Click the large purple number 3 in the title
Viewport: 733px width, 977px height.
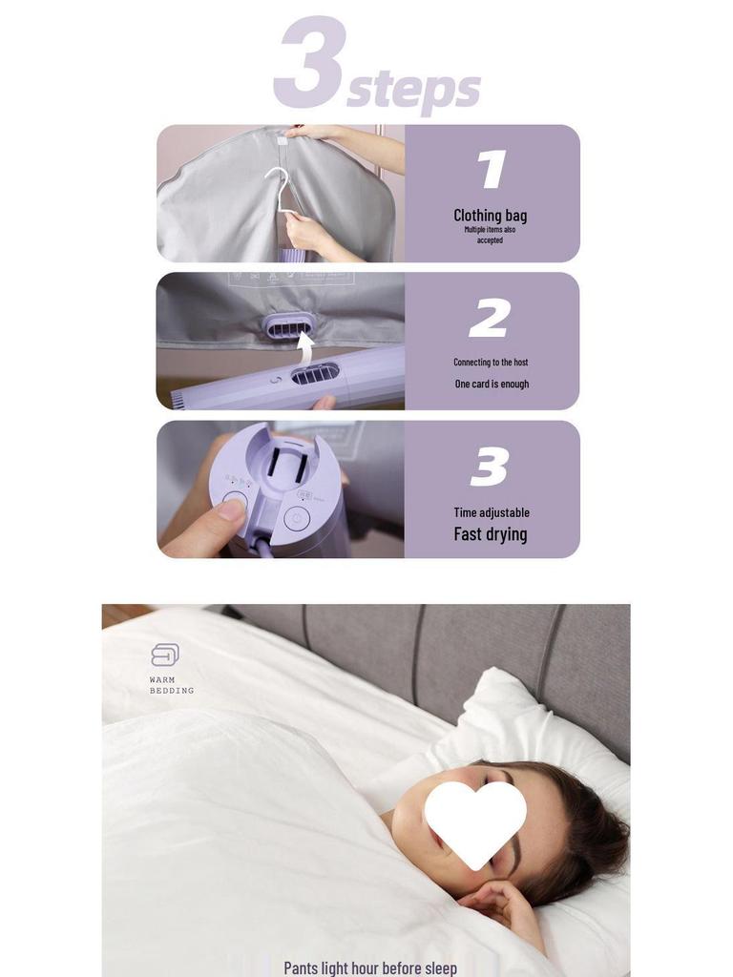[307, 63]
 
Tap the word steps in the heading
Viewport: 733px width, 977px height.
[413, 89]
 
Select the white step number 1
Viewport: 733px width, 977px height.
[492, 170]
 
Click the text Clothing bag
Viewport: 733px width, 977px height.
[490, 215]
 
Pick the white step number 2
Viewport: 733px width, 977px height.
[490, 318]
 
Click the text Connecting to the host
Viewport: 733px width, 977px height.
[491, 363]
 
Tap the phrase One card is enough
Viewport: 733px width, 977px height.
[492, 384]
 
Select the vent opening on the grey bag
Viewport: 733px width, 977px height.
[286, 327]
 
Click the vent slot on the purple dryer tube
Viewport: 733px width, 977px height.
[315, 374]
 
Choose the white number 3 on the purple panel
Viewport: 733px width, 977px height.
[490, 468]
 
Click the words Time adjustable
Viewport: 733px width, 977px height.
[492, 512]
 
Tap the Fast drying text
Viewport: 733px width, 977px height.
[491, 534]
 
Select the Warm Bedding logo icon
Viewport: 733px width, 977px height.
[165, 655]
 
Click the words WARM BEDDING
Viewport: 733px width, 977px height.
[172, 685]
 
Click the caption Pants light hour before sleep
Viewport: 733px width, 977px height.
[370, 967]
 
